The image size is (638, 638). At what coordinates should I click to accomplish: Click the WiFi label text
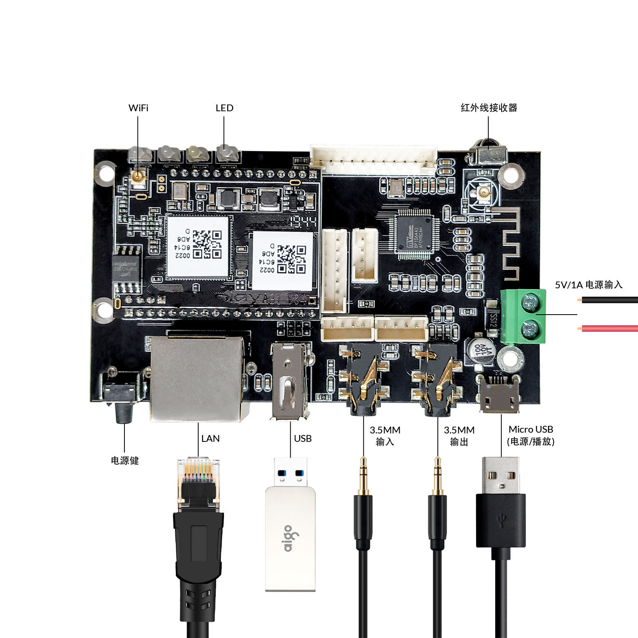(x=138, y=108)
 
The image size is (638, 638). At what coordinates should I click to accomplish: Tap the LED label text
(x=224, y=108)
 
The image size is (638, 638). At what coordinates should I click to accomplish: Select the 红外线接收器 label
(x=489, y=108)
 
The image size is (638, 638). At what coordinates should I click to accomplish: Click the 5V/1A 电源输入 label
(x=589, y=285)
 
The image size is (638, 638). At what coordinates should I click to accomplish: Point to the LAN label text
(x=210, y=439)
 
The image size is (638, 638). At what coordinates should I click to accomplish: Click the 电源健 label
(x=125, y=461)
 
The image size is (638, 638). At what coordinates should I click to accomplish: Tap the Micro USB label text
(x=531, y=429)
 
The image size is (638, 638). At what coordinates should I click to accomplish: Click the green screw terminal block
(x=524, y=316)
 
